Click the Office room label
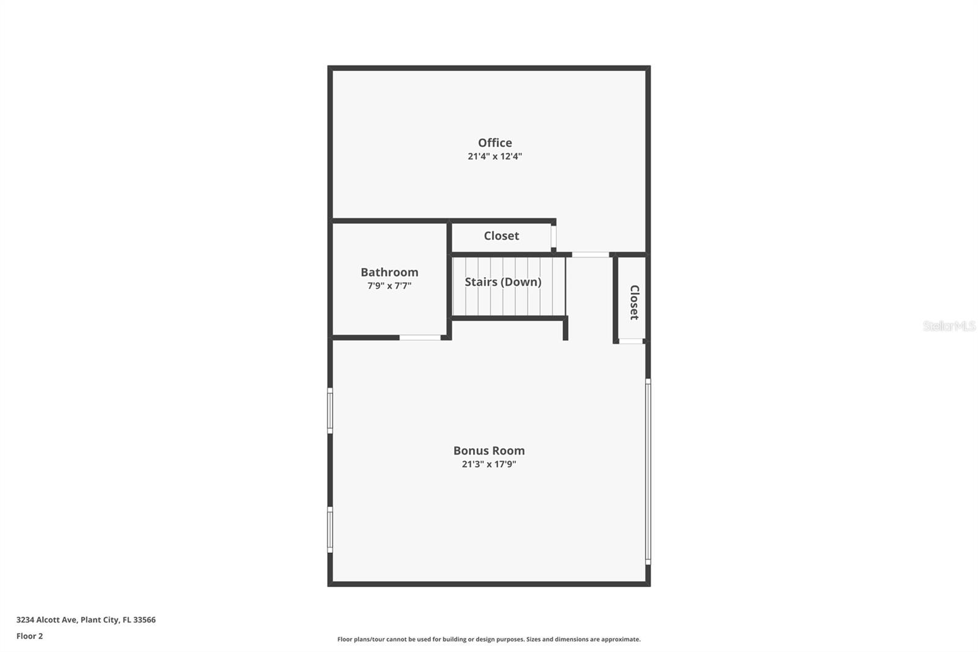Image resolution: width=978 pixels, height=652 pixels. click(495, 143)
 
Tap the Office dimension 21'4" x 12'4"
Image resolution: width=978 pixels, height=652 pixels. click(495, 157)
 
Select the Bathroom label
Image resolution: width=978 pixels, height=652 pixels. click(389, 272)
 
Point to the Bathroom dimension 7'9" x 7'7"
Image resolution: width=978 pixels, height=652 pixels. click(389, 286)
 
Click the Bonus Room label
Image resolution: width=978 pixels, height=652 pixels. click(488, 451)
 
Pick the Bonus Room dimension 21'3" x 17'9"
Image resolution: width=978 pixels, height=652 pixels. click(488, 464)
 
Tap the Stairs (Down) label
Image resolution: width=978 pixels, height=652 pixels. click(502, 282)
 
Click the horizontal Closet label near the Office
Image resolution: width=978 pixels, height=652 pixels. click(501, 235)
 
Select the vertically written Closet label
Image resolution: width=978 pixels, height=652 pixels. click(634, 302)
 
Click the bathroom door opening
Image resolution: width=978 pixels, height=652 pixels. click(420, 338)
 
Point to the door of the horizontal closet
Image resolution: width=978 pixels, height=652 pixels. click(554, 236)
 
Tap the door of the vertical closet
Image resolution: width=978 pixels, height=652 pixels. click(631, 341)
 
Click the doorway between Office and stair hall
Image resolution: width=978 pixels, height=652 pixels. click(590, 254)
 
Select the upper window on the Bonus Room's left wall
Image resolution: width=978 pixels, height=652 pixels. click(330, 410)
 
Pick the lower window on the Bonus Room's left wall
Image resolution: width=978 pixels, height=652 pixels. click(330, 530)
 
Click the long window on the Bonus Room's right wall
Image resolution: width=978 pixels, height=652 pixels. click(648, 471)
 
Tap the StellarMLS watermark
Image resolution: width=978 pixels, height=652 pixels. click(949, 326)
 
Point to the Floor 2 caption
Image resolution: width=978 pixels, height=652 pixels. click(29, 636)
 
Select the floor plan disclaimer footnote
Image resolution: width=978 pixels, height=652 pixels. click(488, 639)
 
